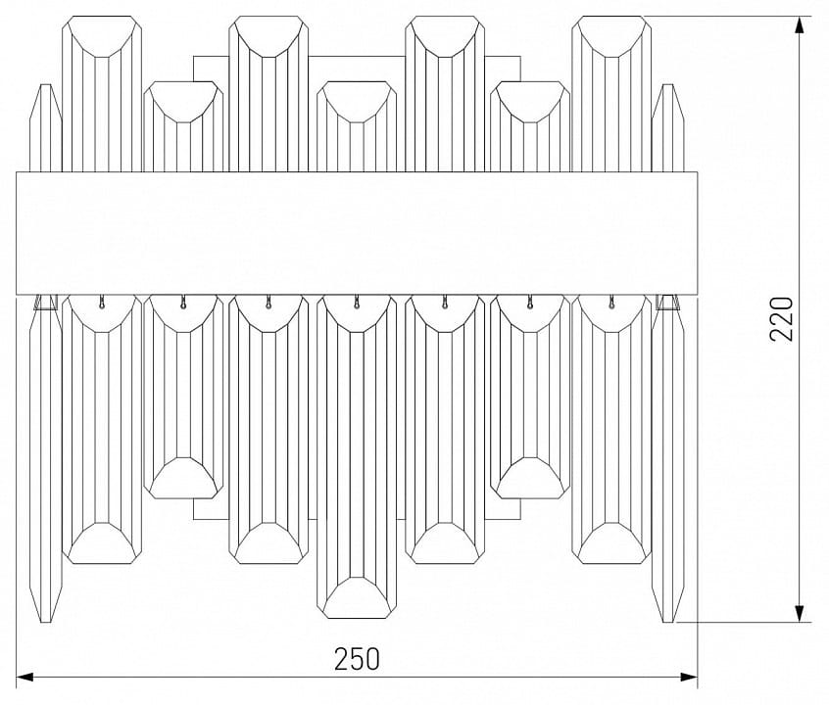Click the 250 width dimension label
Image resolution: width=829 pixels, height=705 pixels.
(x=357, y=659)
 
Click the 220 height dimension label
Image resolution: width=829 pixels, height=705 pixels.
(x=783, y=318)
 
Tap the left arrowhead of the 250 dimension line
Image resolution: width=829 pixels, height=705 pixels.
(x=25, y=677)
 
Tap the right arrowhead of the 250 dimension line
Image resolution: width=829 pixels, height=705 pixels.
(x=688, y=677)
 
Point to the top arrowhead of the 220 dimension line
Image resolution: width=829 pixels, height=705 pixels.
(x=802, y=24)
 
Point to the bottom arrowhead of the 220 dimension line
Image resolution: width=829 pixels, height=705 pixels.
(x=802, y=614)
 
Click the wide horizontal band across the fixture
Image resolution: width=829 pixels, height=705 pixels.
(x=357, y=233)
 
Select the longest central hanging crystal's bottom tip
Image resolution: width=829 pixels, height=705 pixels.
(x=357, y=617)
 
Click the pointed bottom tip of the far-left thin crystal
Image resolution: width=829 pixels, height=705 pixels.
(x=46, y=622)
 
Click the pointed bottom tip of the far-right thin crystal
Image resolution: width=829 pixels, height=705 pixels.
(x=668, y=622)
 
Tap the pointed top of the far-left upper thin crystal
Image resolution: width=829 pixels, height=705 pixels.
(x=46, y=85)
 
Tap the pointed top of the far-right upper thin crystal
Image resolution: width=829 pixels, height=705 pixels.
(x=668, y=85)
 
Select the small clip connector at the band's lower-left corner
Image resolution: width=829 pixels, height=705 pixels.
(x=46, y=302)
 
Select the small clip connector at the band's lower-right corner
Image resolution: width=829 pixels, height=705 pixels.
(x=667, y=302)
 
